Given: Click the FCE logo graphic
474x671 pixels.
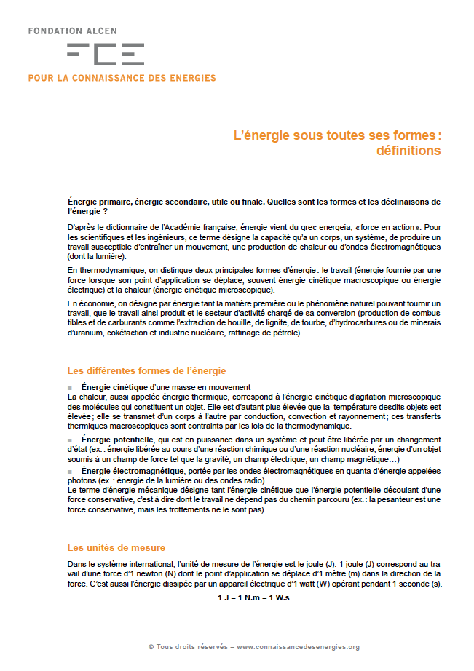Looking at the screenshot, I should pos(105,54).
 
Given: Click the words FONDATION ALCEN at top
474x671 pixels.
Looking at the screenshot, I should pos(72,32).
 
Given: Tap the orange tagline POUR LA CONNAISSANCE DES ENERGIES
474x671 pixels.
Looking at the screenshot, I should pos(122,78).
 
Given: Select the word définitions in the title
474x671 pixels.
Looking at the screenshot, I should pos(408,151).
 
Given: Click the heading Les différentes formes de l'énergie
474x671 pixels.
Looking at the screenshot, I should pos(146,370).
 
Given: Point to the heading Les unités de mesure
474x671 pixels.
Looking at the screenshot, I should pos(116,547).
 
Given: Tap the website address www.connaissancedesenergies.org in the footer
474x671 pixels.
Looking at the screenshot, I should pos(298,647).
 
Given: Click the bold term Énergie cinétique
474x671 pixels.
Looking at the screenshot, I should pos(115,386).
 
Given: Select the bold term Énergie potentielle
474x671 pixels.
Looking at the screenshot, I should pos(117,440).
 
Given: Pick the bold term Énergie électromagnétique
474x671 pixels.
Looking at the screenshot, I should pos(133,471).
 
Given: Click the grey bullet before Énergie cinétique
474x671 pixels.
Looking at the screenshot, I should pos(70,387).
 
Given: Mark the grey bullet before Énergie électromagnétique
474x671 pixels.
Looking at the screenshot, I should pos(70,472).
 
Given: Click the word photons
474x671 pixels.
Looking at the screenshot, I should pos(82,481).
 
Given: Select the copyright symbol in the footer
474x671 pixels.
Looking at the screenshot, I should pos(151,647).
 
